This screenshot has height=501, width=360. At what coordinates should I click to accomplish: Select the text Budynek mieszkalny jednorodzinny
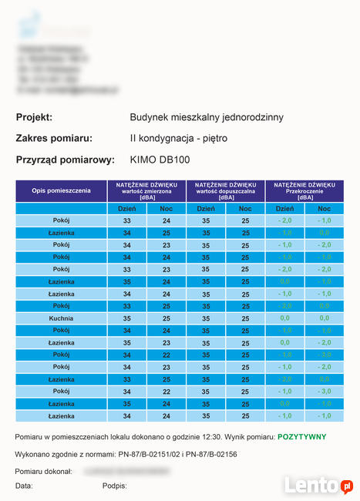click(207, 117)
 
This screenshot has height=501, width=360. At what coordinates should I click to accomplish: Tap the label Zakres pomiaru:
click(54, 139)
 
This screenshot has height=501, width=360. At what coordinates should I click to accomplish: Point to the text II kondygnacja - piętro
click(179, 139)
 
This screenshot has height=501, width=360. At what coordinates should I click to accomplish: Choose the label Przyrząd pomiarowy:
click(65, 160)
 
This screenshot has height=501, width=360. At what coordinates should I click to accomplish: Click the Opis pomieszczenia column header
click(61, 190)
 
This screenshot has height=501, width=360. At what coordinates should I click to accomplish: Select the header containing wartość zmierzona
click(146, 190)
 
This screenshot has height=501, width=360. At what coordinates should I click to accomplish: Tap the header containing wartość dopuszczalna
click(225, 190)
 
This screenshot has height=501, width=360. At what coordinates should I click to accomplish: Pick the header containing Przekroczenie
click(304, 190)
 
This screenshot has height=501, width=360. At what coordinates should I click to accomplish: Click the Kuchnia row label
click(61, 318)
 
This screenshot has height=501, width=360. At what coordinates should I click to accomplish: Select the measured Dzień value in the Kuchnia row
click(127, 318)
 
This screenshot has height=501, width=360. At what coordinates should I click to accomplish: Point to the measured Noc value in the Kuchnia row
click(166, 318)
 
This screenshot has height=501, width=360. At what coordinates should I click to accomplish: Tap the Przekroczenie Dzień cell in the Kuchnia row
click(284, 318)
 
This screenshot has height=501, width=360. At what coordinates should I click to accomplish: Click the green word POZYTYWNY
click(302, 437)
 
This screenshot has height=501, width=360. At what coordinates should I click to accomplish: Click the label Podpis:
click(114, 486)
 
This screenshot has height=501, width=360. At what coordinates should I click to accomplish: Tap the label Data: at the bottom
click(24, 486)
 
